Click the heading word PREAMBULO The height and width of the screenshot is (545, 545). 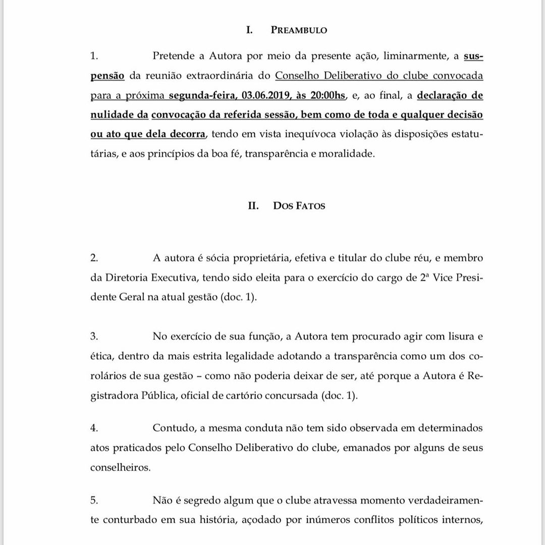pos(299,30)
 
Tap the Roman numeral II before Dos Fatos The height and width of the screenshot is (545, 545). pos(254,205)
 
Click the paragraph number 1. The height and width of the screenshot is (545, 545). pos(93,57)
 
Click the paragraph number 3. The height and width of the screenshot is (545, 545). pos(93,336)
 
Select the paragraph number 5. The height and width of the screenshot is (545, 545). pos(93,500)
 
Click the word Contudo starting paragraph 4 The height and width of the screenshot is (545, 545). pos(173,428)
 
